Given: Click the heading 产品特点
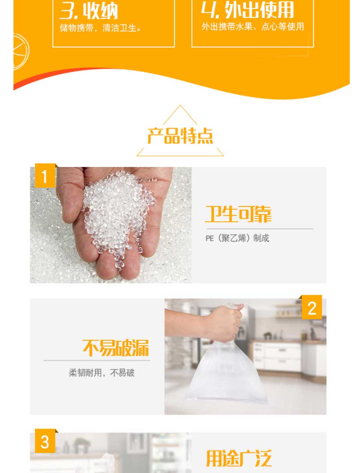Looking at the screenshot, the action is point(180,136).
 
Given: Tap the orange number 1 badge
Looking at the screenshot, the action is point(45,175).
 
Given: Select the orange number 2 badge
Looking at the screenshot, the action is point(312,307).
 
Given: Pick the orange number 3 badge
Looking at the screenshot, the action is point(45,441).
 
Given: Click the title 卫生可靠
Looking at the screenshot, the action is point(238,214).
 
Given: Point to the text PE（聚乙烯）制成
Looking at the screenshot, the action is point(237,238).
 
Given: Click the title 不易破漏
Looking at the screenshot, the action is point(116,348).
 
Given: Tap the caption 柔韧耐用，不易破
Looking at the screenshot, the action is point(102,373).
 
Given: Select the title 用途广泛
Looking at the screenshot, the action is point(239,458).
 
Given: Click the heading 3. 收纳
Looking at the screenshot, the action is point(88,11).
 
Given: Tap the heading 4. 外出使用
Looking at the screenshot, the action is point(247,10).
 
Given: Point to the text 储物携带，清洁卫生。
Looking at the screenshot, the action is point(100,28).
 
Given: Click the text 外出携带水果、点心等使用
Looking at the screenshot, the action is point(253,27).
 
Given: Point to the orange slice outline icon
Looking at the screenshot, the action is point(21,51).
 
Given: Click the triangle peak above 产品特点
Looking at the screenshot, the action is point(180,105).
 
